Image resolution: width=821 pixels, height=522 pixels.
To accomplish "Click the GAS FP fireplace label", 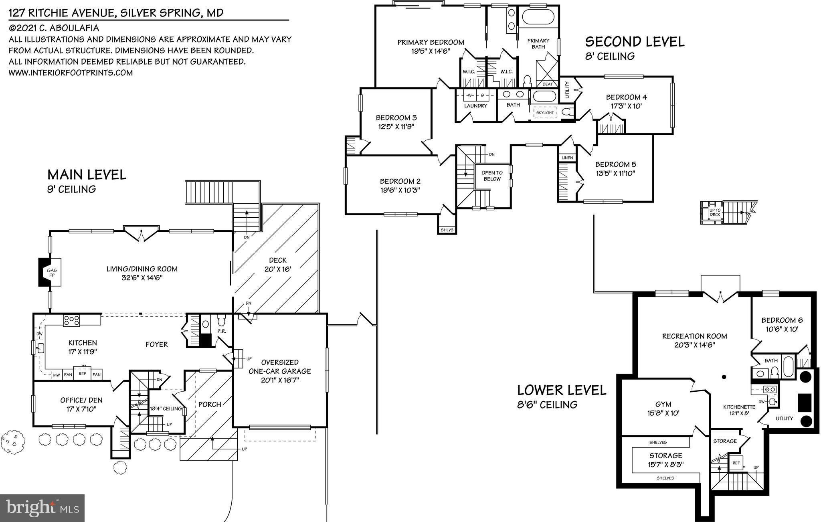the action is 52,273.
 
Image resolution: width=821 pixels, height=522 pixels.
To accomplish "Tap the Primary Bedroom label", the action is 431,42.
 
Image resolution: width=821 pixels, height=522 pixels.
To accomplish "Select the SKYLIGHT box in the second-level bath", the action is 545,113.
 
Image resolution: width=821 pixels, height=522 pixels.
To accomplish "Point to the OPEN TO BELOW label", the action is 492,176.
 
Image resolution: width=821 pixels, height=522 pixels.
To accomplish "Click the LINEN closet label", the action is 567,158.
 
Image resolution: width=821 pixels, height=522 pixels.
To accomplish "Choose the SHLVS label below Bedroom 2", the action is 447,230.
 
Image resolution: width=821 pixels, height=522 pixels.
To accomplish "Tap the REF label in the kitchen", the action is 82,374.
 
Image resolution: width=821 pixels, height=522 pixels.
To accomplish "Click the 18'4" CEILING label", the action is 165,409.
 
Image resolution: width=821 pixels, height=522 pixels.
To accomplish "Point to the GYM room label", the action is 663,404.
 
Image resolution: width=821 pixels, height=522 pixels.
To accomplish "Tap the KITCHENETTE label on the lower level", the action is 739,407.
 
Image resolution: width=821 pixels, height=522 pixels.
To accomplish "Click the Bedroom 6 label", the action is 782,320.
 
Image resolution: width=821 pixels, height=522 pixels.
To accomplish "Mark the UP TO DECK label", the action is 715,212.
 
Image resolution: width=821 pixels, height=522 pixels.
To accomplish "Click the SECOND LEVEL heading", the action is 635,42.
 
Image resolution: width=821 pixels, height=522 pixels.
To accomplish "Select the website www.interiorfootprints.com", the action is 71,73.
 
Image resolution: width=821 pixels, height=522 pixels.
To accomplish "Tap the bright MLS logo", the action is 42,508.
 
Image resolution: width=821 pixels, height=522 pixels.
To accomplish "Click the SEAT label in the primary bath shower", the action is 547,84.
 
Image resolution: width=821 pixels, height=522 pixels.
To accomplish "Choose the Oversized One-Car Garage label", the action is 279,366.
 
